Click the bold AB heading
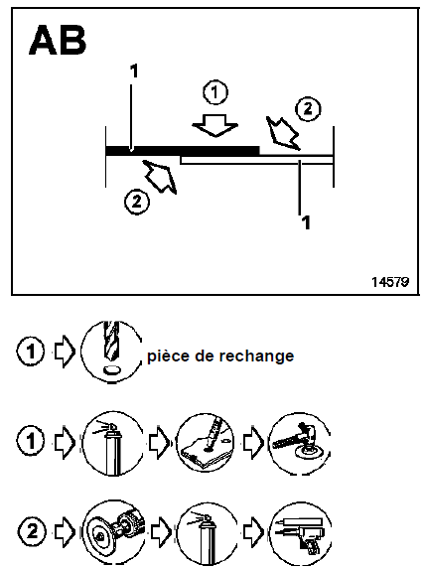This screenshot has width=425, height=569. tap(58, 41)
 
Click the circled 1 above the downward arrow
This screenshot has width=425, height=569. tap(216, 92)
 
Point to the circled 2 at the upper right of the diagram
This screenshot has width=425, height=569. tap(310, 108)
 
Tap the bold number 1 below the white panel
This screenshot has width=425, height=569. tap(305, 222)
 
